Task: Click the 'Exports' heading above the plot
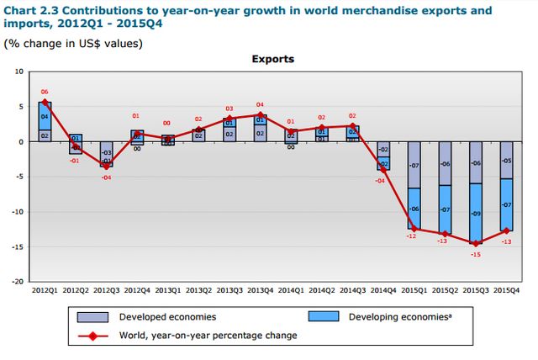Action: pos(273,60)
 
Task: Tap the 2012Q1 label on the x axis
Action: pos(45,289)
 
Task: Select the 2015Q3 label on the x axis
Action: pos(477,289)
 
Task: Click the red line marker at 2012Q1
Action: pos(45,102)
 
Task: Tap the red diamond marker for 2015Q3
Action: pos(476,243)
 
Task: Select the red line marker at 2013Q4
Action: pos(261,115)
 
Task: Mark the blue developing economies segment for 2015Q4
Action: pos(507,204)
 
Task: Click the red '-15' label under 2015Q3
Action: pos(475,254)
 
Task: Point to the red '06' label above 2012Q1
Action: pos(45,92)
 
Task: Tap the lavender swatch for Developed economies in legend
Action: pos(92,317)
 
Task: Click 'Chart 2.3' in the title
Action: pos(31,11)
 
